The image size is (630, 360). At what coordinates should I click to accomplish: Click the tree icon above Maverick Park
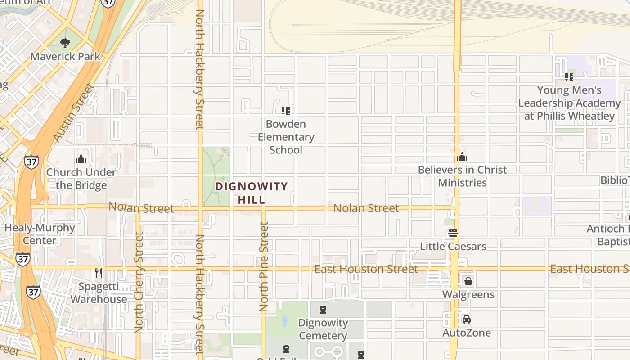pyautogui.click(x=65, y=43)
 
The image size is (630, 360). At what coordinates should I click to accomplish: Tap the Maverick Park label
pyautogui.click(x=65, y=57)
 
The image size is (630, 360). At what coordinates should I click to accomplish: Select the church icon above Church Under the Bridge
pyautogui.click(x=81, y=159)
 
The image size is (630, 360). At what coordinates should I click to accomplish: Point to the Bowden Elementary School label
pyautogui.click(x=286, y=137)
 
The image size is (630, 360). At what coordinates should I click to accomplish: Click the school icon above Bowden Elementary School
pyautogui.click(x=286, y=110)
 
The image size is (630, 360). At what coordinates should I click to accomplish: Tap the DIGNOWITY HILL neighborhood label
pyautogui.click(x=252, y=193)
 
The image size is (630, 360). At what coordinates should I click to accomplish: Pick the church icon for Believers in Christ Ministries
pyautogui.click(x=462, y=157)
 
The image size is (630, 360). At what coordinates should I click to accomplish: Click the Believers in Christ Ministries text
pyautogui.click(x=462, y=176)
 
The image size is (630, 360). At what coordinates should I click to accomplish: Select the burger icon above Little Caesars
pyautogui.click(x=453, y=233)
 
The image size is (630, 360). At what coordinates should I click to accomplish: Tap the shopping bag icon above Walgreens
pyautogui.click(x=468, y=281)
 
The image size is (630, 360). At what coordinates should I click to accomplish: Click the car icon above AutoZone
pyautogui.click(x=467, y=319)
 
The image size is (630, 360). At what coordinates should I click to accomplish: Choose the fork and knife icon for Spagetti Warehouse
pyautogui.click(x=99, y=273)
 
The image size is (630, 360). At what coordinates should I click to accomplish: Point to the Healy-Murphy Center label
pyautogui.click(x=40, y=234)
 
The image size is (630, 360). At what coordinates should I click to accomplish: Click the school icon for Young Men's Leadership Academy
pyautogui.click(x=569, y=77)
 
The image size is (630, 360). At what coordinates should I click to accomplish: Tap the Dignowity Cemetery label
pyautogui.click(x=323, y=329)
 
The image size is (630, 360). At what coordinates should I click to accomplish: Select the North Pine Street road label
pyautogui.click(x=264, y=267)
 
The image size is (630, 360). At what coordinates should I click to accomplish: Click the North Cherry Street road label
pyautogui.click(x=139, y=283)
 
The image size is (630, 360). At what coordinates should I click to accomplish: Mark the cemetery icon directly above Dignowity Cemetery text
pyautogui.click(x=323, y=310)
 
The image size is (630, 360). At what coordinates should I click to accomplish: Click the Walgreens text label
pyautogui.click(x=468, y=295)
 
